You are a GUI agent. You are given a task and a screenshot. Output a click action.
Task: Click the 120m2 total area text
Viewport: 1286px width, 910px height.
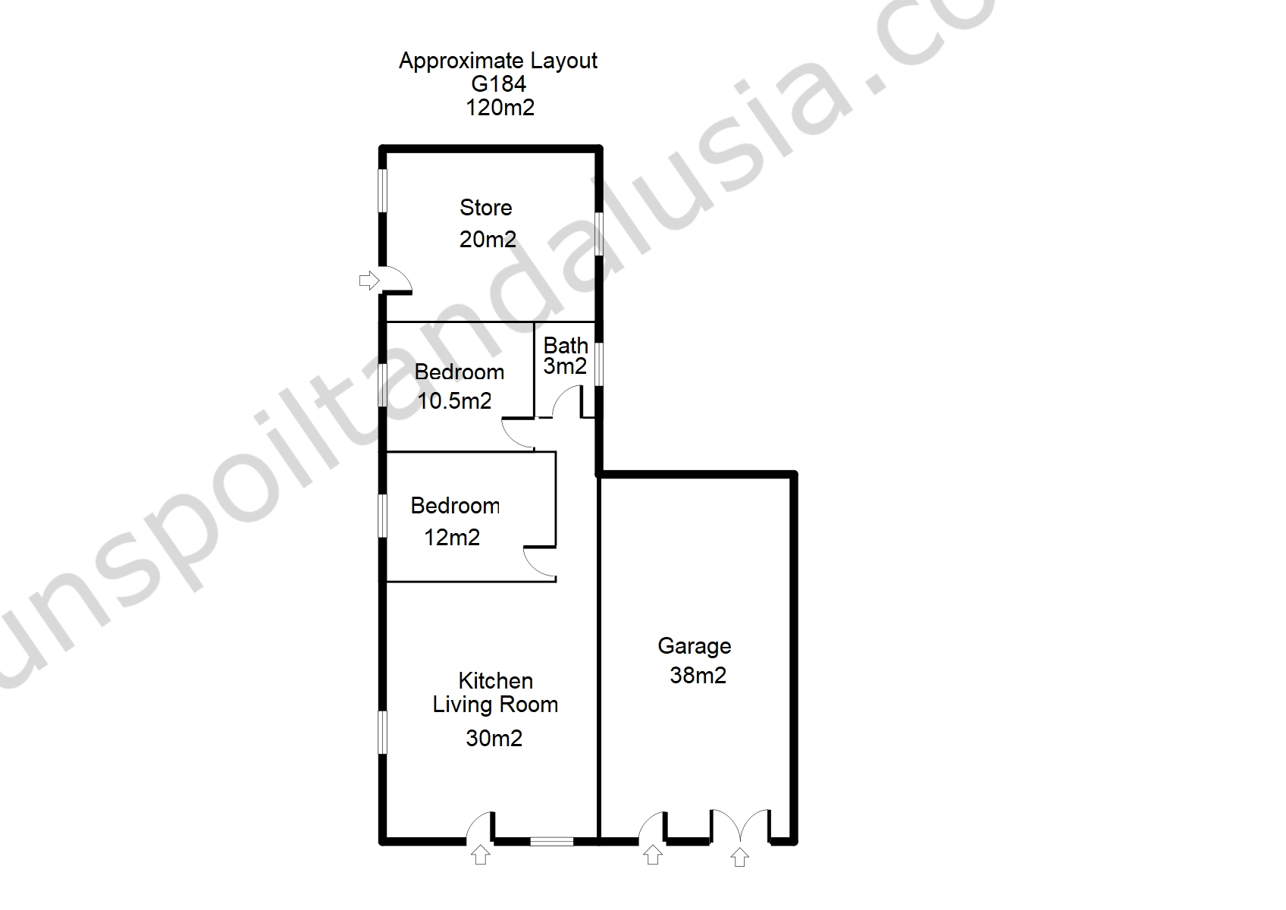click(x=500, y=108)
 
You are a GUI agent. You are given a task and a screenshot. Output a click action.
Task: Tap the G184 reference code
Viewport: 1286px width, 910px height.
click(x=498, y=84)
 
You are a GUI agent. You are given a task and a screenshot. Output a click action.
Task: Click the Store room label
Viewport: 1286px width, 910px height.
click(x=486, y=207)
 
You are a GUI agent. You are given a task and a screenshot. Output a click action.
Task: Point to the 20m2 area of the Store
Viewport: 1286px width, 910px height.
click(x=488, y=239)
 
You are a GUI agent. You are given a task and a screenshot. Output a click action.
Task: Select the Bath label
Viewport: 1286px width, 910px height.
click(x=566, y=346)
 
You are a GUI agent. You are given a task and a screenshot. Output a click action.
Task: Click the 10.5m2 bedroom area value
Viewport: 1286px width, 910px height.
click(x=454, y=400)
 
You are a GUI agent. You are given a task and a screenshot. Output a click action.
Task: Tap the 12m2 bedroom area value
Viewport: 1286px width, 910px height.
click(x=452, y=538)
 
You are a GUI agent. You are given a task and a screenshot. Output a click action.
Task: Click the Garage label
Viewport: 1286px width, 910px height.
click(x=694, y=646)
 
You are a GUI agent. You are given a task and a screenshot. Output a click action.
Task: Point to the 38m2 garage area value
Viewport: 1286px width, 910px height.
click(x=698, y=675)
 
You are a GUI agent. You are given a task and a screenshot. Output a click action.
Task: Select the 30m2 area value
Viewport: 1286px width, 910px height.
click(x=494, y=739)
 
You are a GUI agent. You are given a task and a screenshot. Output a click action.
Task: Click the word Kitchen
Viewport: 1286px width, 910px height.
click(x=495, y=681)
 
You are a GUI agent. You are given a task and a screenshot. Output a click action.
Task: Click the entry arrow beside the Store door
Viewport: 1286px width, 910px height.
click(x=369, y=281)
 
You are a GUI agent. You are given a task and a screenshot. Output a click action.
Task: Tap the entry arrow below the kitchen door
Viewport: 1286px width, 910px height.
click(x=481, y=855)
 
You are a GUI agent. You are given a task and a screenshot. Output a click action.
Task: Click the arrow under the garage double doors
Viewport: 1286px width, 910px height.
click(x=739, y=857)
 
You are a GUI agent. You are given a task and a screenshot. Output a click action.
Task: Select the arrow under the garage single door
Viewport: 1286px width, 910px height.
click(x=652, y=855)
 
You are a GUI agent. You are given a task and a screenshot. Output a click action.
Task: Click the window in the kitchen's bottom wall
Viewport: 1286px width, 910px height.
click(x=551, y=842)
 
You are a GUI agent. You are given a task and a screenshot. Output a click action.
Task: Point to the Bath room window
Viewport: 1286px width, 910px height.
click(x=599, y=364)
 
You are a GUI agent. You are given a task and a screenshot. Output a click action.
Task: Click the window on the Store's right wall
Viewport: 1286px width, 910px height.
click(x=599, y=234)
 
